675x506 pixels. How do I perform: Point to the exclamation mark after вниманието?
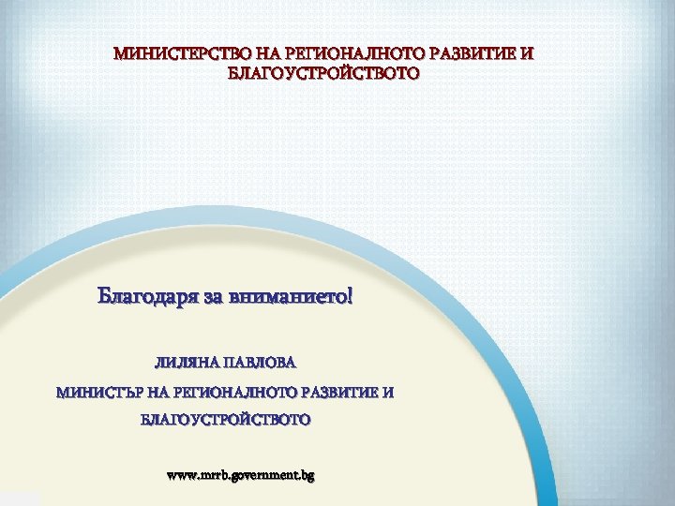tap(351, 297)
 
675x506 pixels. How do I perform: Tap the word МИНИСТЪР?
tap(99, 392)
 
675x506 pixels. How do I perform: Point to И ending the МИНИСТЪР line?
tap(388, 392)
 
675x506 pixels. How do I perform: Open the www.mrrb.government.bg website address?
tap(240, 475)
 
